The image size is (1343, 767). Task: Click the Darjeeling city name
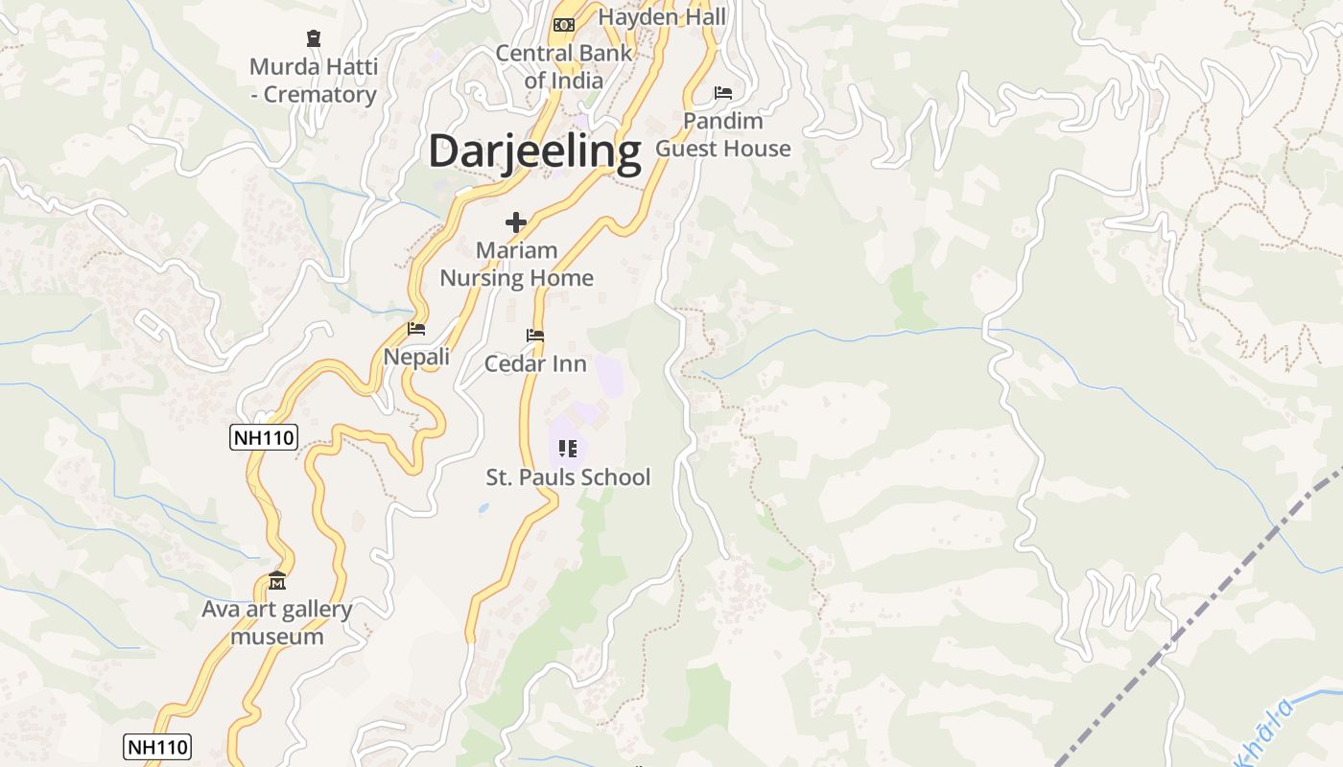(x=534, y=152)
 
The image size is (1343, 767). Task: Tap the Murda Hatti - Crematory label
(x=314, y=81)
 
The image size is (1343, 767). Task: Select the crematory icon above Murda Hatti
(x=313, y=38)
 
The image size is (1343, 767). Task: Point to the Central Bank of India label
(x=564, y=66)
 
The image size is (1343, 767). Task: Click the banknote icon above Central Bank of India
(x=564, y=24)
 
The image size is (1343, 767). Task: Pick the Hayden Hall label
(x=662, y=17)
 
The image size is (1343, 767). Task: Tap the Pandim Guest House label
(x=723, y=134)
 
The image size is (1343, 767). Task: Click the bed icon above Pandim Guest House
(x=723, y=93)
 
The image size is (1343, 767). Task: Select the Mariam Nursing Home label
(x=516, y=264)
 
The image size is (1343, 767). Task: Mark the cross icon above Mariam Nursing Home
(x=516, y=222)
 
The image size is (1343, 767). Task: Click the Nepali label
(x=416, y=357)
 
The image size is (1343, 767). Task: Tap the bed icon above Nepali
(x=416, y=328)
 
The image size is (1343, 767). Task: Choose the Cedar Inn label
(x=535, y=363)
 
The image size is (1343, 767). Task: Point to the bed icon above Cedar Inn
(x=535, y=336)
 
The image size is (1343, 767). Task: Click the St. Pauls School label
(x=568, y=476)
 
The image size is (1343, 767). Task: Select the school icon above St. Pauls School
(x=567, y=448)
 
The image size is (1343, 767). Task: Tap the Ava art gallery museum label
(x=277, y=622)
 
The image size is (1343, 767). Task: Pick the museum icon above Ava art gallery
(x=277, y=581)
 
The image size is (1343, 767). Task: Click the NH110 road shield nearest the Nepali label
(x=264, y=438)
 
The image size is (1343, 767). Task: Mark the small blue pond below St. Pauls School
(x=483, y=509)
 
